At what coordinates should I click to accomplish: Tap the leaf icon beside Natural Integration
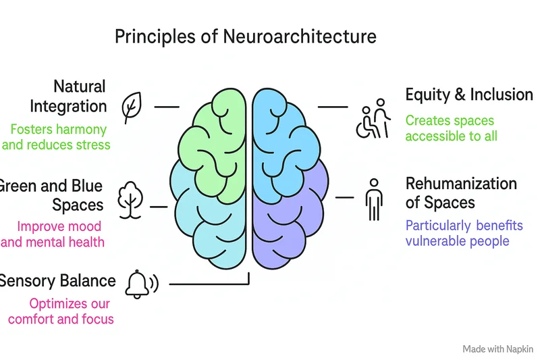[131, 106]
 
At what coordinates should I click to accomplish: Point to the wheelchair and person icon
[372, 120]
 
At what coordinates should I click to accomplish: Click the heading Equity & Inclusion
[468, 95]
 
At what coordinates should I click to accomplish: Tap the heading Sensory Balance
[57, 280]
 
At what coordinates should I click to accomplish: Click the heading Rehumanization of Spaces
[460, 192]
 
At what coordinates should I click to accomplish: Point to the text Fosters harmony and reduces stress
[57, 136]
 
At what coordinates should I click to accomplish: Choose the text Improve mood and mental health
[54, 234]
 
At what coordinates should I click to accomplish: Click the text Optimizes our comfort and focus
[61, 311]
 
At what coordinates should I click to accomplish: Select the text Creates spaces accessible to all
[451, 128]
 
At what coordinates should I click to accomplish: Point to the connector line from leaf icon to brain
[167, 107]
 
